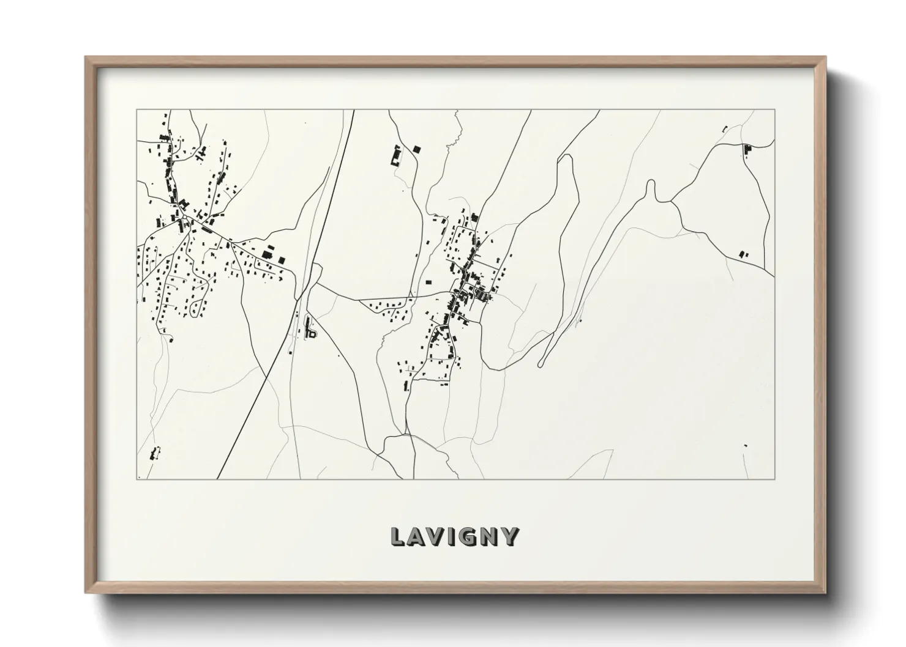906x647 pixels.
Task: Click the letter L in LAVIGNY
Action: [x=397, y=536]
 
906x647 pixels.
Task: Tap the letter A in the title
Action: [x=416, y=536]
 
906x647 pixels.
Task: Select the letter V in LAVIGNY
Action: [x=435, y=536]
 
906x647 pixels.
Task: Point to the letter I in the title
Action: [x=451, y=536]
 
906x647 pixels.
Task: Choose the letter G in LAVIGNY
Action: [x=466, y=536]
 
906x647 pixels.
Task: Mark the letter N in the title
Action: [x=488, y=536]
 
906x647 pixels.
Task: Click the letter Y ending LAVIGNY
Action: [x=509, y=536]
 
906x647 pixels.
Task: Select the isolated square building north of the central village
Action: [x=417, y=148]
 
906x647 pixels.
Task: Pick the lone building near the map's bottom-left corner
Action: [x=154, y=454]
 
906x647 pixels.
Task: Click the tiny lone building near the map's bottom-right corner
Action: [x=745, y=446]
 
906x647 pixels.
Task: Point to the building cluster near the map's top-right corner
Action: [x=746, y=149]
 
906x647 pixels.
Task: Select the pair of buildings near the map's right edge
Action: [x=743, y=254]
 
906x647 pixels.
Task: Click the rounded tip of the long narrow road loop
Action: [x=541, y=365]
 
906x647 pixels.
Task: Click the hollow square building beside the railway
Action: [x=312, y=334]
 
